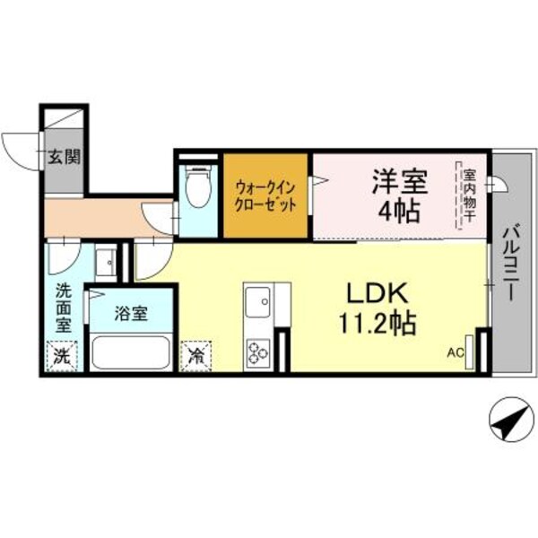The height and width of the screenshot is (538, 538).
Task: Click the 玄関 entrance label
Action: tap(65, 157)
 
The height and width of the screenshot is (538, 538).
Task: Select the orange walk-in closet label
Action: tap(266, 195)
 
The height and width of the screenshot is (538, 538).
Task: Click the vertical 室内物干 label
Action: tap(468, 195)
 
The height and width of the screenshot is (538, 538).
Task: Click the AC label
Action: tap(455, 354)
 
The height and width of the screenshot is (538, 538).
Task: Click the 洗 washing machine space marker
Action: tap(61, 355)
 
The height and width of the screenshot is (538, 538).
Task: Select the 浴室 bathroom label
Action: tap(131, 315)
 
